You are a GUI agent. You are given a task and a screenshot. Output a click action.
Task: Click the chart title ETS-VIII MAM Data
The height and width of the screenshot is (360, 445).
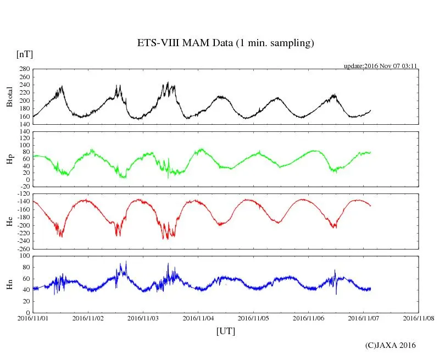coord(225,43)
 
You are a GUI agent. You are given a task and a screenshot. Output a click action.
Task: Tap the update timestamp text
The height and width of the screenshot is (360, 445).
coord(381,65)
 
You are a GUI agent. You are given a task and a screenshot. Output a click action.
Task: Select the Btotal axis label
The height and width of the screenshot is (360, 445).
coord(9,97)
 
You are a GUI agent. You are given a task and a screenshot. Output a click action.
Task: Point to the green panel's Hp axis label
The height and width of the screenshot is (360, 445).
coord(9,159)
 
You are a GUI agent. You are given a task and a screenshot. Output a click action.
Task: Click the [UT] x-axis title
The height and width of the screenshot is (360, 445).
coord(225,331)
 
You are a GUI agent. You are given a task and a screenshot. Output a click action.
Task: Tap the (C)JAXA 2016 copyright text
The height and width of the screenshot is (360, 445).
coord(391,345)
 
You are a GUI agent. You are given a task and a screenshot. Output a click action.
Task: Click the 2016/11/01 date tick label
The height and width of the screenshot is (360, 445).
coord(33,318)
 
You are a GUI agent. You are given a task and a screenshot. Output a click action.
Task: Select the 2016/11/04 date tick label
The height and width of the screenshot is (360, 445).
coord(198,318)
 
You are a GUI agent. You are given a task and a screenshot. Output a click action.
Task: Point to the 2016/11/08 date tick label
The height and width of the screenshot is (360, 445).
coord(419,318)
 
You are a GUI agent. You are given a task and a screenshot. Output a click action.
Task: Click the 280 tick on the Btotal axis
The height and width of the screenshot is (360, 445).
coord(24,70)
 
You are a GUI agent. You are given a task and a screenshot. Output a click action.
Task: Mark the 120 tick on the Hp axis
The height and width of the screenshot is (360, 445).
coord(24,132)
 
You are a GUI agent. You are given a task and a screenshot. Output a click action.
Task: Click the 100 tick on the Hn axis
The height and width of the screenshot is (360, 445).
coord(24,256)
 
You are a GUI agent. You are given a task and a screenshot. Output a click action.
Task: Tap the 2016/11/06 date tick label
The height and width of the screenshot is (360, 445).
coord(308,318)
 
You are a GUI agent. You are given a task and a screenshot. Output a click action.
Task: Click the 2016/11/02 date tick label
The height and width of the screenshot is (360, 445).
coord(88,318)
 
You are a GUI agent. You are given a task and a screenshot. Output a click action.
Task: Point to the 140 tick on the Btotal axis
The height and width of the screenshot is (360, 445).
coord(24,124)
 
